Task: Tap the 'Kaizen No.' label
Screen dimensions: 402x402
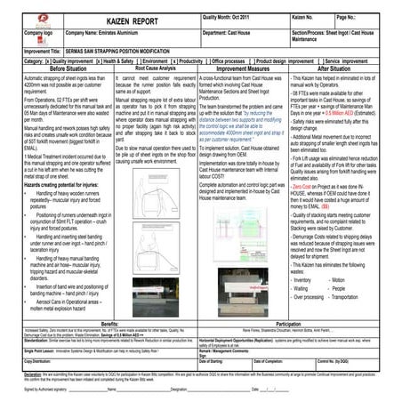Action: point(304,15)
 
